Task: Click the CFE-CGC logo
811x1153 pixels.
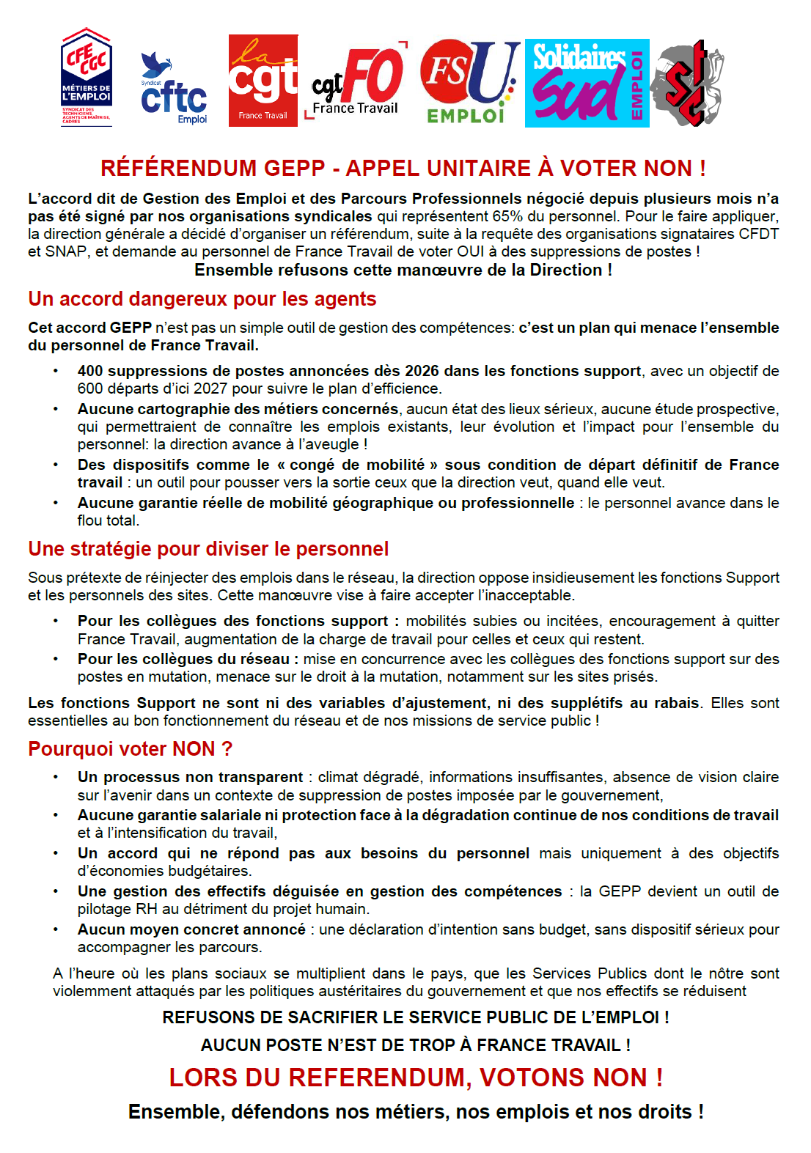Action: point(87,78)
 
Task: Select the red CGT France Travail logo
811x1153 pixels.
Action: point(263,81)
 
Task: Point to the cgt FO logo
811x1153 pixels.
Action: point(356,81)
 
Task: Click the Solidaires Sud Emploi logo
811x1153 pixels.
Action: point(587,83)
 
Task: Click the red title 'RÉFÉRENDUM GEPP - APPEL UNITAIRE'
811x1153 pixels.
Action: point(403,169)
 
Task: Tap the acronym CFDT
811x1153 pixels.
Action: point(759,234)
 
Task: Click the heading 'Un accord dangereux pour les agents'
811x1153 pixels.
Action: point(202,299)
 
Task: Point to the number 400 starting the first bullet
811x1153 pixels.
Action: point(90,371)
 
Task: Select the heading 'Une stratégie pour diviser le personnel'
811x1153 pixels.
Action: point(208,549)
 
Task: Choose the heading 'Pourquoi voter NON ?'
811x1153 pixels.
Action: point(130,749)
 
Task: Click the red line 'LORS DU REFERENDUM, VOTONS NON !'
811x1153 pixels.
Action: point(416,1078)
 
